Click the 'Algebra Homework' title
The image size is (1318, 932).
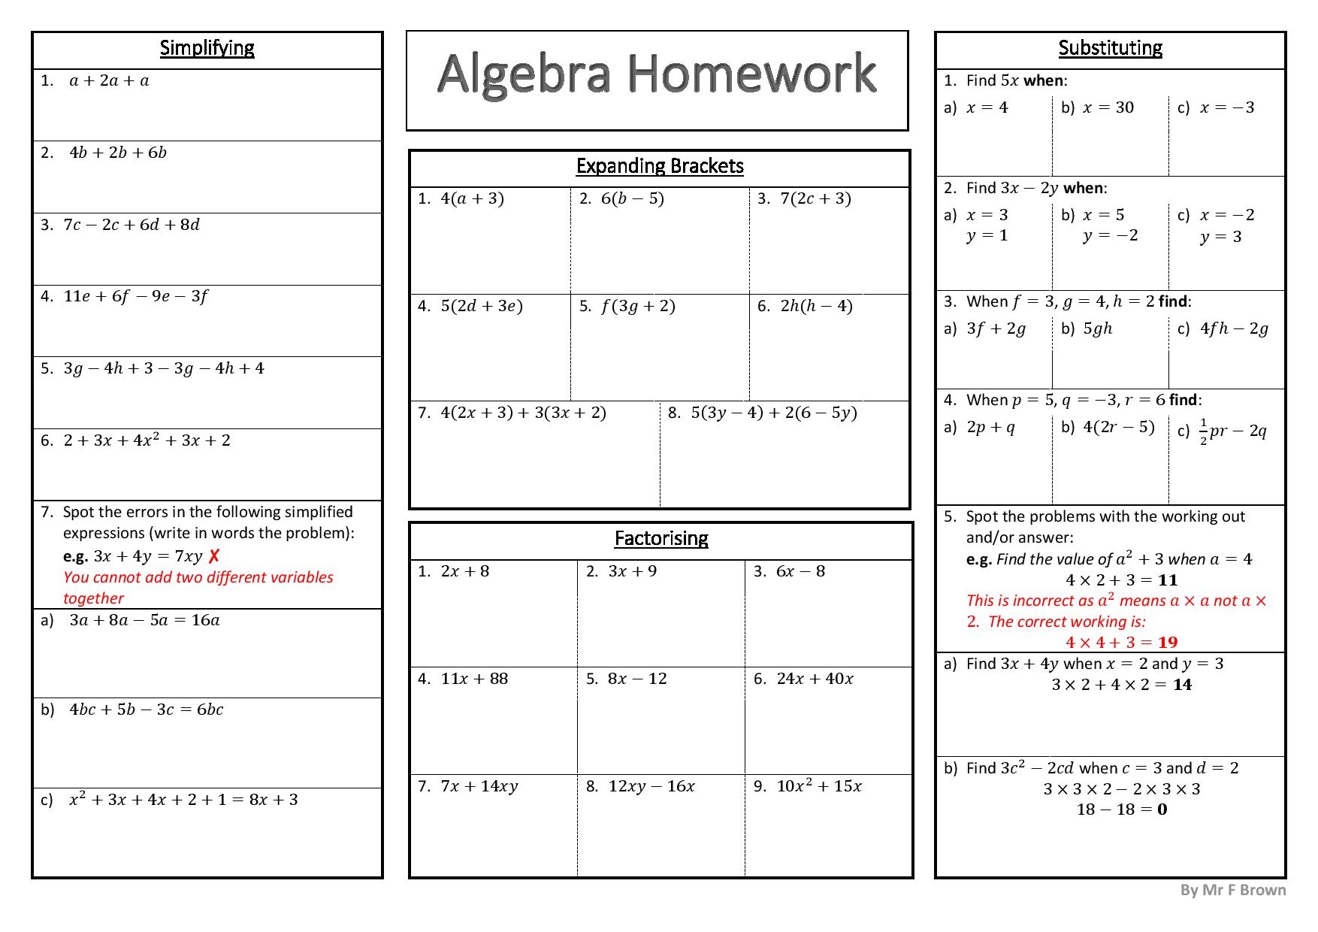tap(657, 74)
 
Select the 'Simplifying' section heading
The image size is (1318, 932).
tap(207, 48)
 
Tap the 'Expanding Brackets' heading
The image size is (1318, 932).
tap(659, 166)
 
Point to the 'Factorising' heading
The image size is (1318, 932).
tap(661, 538)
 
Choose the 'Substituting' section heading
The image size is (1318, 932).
tap(1110, 48)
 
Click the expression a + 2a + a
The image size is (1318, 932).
tap(109, 81)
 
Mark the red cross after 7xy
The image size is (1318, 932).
tap(214, 556)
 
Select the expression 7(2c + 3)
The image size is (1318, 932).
tap(815, 198)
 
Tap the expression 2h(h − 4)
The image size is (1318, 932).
tap(816, 306)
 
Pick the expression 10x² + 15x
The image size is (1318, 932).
tap(818, 786)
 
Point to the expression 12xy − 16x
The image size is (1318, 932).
tap(651, 786)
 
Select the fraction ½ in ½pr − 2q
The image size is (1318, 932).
tap(1203, 431)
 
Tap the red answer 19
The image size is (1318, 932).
tap(1168, 643)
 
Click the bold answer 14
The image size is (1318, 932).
tap(1182, 685)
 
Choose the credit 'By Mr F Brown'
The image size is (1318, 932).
tap(1232, 890)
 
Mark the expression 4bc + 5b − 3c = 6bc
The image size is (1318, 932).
tap(146, 710)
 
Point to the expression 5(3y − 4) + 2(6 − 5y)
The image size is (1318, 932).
tap(773, 413)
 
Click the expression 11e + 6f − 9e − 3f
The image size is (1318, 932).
tap(135, 296)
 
